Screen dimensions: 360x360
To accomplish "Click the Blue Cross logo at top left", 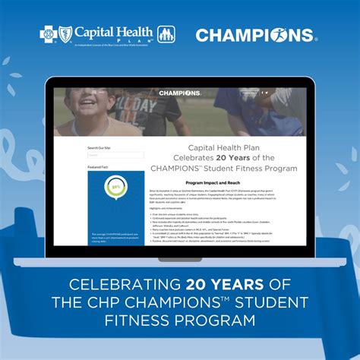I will pos(47,34).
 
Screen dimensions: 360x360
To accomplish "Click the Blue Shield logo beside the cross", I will pos(60,34).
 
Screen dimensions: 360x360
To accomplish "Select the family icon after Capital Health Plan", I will pos(167,35).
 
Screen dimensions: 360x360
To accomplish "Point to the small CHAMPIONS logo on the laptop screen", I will pos(180,93).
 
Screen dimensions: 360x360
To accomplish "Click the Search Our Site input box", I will pos(105,155).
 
